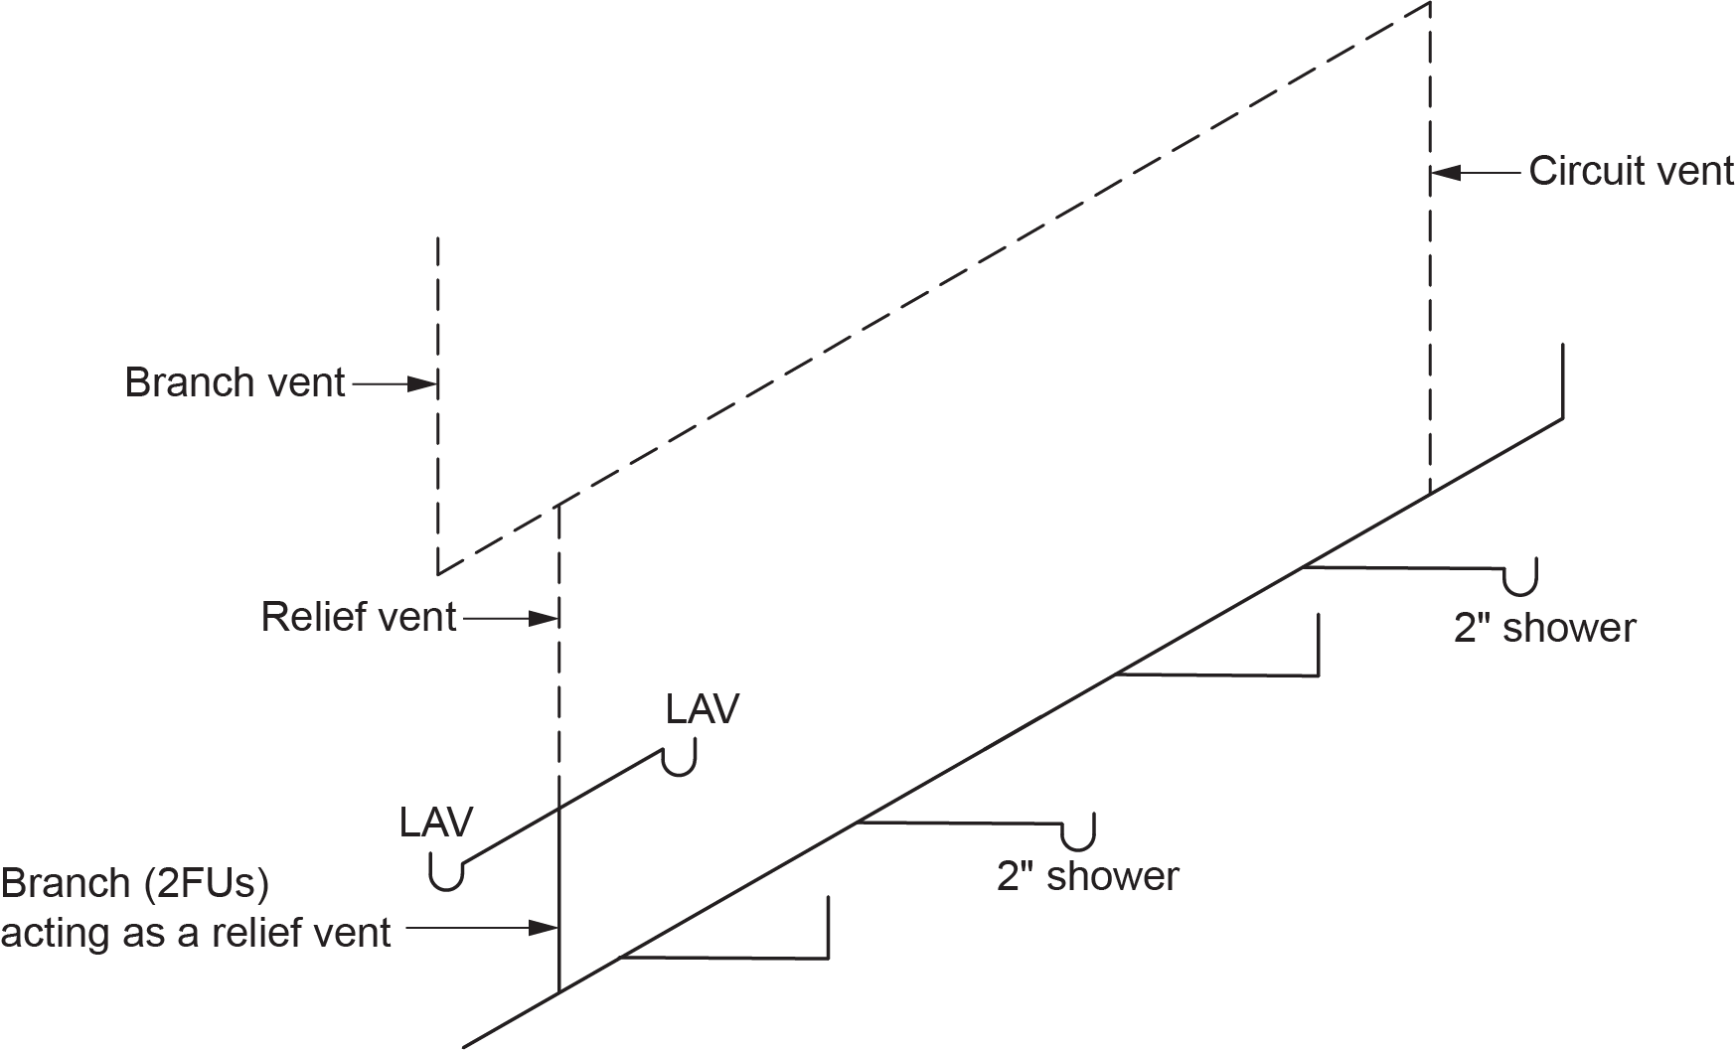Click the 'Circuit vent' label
[x=1631, y=172]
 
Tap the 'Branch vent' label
[x=235, y=382]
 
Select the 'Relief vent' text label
[x=358, y=617]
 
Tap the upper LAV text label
[x=703, y=709]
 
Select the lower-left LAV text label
[x=436, y=822]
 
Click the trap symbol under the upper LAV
[x=679, y=762]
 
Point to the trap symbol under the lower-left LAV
[x=446, y=875]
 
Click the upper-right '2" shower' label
[x=1544, y=628]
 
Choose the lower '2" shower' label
[x=1087, y=876]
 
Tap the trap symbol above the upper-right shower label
[x=1520, y=579]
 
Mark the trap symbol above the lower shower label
[x=1078, y=834]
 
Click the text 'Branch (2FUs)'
[x=135, y=882]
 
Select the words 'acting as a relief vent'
[x=196, y=933]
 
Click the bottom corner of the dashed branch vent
[x=438, y=573]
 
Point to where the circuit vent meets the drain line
[x=1430, y=494]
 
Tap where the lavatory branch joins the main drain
[x=559, y=991]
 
